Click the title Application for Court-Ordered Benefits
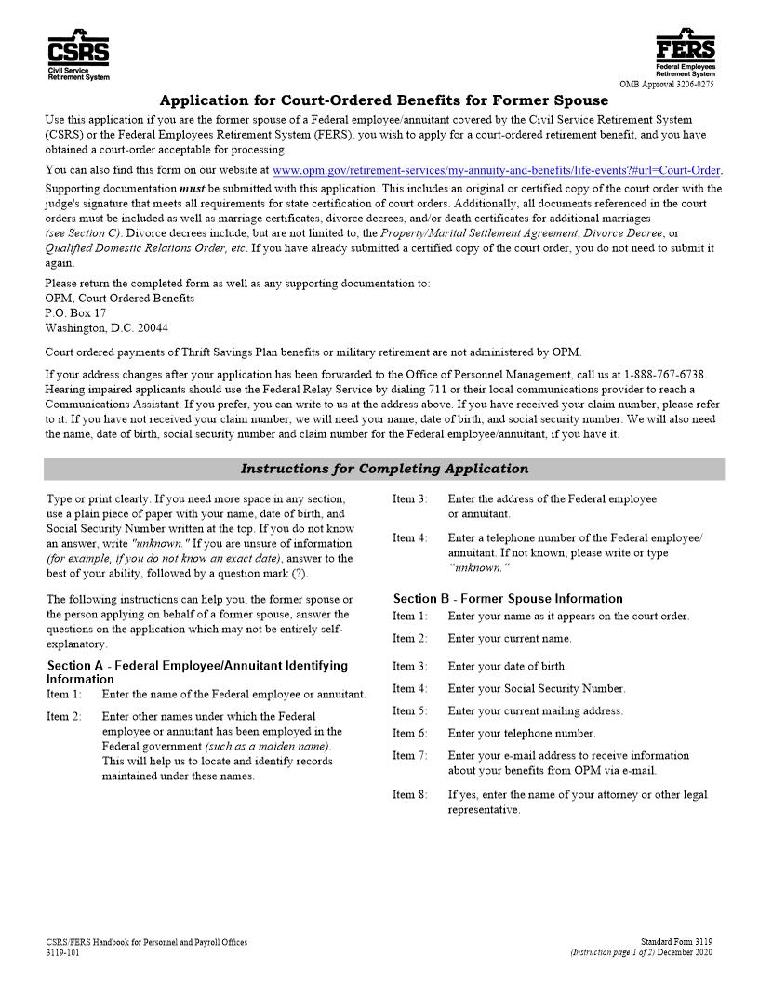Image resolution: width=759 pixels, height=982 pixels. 383,100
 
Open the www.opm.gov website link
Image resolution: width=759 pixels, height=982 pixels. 497,171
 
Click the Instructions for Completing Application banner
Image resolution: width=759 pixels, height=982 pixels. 383,470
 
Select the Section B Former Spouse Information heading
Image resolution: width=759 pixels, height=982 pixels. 508,599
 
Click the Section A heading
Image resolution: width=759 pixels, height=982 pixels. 197,671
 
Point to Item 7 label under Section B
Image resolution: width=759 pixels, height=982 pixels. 409,756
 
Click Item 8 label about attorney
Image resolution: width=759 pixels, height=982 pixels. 409,795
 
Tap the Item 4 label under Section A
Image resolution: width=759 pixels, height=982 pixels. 409,538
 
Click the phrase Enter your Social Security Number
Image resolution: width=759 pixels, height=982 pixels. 537,689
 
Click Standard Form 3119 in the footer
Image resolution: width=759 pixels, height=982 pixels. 676,943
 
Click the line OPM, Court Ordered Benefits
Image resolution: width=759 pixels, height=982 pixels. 120,299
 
